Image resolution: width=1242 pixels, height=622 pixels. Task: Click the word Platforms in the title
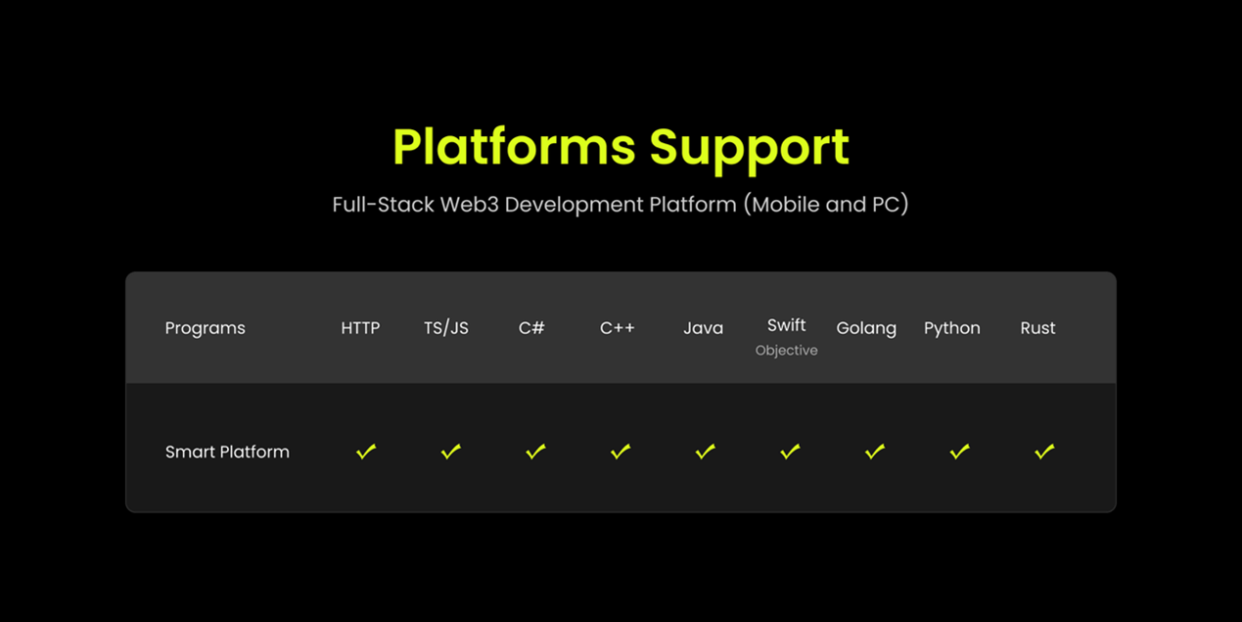click(514, 147)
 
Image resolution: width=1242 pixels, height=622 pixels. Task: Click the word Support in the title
click(749, 150)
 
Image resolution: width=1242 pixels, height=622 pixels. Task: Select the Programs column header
click(206, 328)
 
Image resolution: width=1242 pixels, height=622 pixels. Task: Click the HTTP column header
click(360, 328)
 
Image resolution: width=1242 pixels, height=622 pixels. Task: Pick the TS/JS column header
click(446, 328)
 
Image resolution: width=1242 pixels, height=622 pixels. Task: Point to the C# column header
click(531, 328)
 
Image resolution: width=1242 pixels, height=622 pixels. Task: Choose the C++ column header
click(618, 328)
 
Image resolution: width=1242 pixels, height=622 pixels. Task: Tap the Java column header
click(703, 328)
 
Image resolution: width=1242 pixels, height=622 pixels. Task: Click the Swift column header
click(786, 324)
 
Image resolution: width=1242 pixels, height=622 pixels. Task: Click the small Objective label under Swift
click(786, 351)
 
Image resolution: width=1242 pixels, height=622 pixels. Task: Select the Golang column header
click(866, 328)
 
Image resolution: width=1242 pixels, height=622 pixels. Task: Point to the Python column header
click(952, 328)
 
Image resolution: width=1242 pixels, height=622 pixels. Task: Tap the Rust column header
click(1038, 328)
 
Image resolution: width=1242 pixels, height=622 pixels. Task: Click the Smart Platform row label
click(227, 453)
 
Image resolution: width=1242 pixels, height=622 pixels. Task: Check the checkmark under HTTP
click(366, 452)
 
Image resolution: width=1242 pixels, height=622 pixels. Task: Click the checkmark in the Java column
click(706, 452)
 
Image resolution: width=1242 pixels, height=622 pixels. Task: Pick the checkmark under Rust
click(1044, 452)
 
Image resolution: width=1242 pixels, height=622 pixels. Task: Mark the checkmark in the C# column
click(535, 452)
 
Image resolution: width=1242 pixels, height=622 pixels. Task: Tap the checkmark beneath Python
click(960, 452)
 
